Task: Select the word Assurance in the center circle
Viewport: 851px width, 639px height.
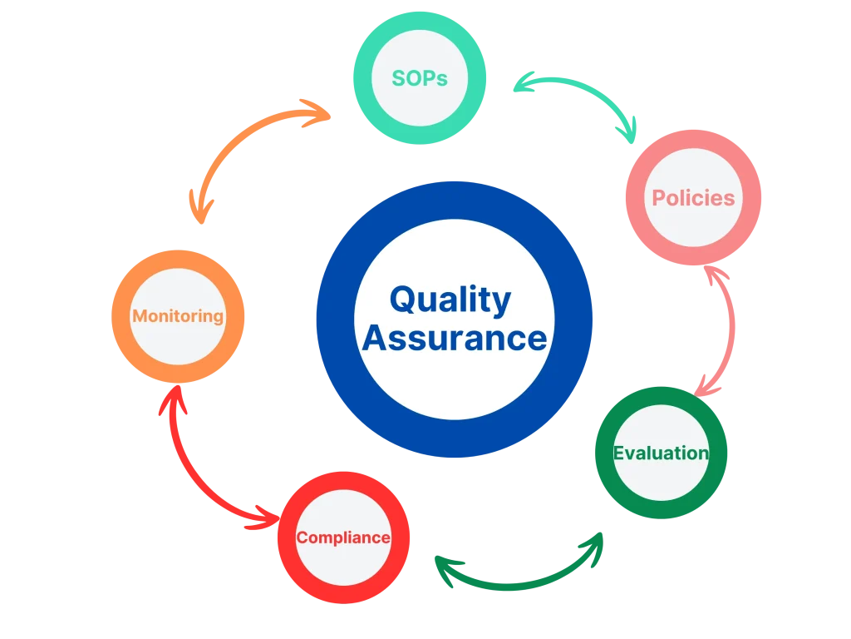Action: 455,339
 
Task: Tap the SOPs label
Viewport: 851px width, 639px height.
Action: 420,78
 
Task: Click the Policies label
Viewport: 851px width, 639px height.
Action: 693,198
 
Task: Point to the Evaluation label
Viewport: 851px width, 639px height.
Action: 661,453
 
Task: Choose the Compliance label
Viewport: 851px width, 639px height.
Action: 343,537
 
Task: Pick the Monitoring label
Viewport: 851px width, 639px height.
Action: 178,316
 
